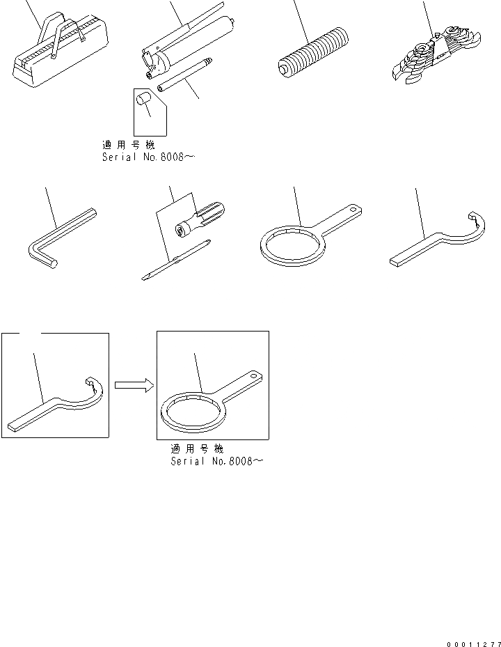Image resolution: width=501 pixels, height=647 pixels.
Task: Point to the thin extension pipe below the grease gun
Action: (x=184, y=76)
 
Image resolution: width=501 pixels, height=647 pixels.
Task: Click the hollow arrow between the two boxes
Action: (x=133, y=385)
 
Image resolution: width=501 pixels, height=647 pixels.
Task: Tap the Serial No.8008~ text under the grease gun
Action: (x=148, y=158)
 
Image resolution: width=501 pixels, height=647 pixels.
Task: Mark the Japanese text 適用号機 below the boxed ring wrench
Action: (x=198, y=449)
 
